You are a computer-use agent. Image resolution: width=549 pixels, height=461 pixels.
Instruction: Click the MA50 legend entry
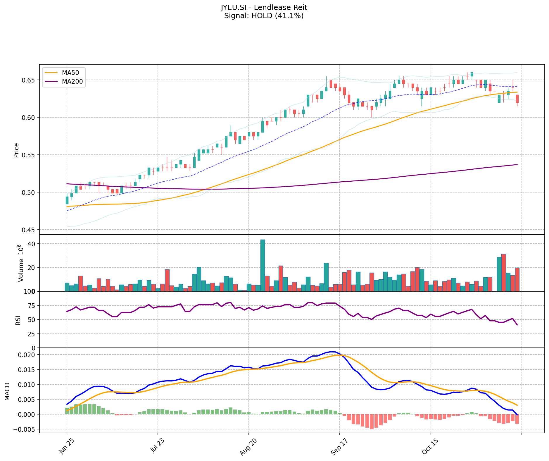pos(70,72)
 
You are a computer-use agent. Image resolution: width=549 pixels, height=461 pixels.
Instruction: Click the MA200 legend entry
pos(72,82)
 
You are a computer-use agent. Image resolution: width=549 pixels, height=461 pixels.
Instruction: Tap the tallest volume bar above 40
pos(263,265)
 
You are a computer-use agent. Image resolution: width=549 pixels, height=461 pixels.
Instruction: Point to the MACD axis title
pos(7,391)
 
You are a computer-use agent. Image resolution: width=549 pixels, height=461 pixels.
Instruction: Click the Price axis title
pos(16,150)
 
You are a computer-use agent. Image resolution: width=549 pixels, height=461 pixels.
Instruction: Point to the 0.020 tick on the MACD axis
pos(27,355)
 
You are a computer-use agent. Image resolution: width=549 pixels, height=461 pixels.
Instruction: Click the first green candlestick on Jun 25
pos(67,200)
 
